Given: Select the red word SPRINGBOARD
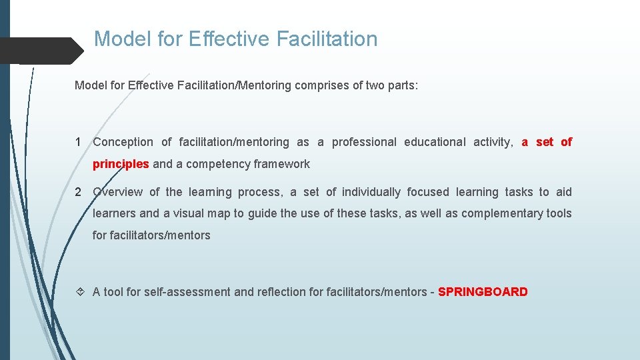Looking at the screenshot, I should (x=483, y=292).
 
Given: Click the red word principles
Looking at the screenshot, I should (x=121, y=164).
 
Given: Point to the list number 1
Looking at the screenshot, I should (x=79, y=142).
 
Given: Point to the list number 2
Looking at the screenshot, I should (x=79, y=192).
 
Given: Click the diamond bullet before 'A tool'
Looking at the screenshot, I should (x=79, y=292).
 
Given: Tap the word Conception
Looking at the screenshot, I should (x=123, y=142).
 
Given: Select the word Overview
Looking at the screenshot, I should (x=117, y=192).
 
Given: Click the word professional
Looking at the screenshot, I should (x=364, y=142).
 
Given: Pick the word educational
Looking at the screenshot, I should (x=435, y=142).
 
